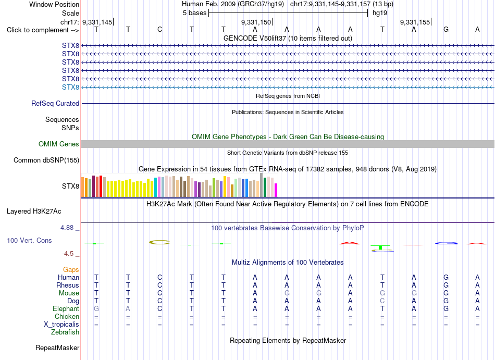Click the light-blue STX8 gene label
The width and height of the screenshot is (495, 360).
(x=70, y=87)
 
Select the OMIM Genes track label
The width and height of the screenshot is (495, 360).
(x=58, y=144)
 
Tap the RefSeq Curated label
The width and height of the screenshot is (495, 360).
(x=55, y=104)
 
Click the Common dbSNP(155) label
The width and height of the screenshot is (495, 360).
(x=46, y=160)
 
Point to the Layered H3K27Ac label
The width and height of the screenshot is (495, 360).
(x=34, y=212)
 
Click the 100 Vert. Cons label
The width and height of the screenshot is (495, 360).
(x=29, y=240)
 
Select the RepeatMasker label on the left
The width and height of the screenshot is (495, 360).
(x=57, y=347)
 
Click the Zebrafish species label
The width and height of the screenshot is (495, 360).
(x=65, y=332)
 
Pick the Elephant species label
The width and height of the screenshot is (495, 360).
(x=66, y=308)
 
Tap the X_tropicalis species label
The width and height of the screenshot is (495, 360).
(x=61, y=325)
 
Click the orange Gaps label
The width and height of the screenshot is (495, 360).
(x=71, y=269)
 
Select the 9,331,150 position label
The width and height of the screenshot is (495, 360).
(x=256, y=22)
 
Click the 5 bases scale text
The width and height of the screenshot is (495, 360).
(x=194, y=13)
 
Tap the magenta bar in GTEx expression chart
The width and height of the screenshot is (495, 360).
(x=276, y=190)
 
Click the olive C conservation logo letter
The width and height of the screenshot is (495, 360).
(x=159, y=242)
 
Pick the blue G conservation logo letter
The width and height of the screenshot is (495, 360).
(x=446, y=243)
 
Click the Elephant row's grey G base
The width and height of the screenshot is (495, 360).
(x=96, y=308)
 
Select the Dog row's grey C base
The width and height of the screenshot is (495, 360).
(x=382, y=301)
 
